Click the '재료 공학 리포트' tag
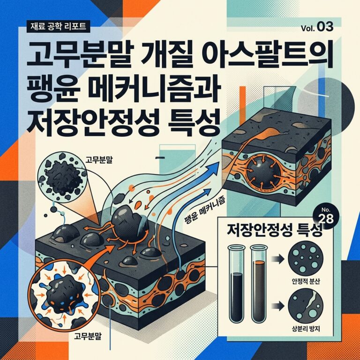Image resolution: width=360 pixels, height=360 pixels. click(x=58, y=26)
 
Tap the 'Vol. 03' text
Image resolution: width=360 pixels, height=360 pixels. click(x=317, y=27)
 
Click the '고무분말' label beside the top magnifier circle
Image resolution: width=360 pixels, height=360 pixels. click(x=99, y=160)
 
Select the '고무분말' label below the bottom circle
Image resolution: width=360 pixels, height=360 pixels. click(x=88, y=337)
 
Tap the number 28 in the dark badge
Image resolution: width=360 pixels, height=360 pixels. click(x=326, y=219)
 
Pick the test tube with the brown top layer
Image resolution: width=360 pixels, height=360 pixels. click(x=259, y=284)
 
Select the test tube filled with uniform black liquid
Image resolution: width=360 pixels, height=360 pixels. click(x=236, y=284)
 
